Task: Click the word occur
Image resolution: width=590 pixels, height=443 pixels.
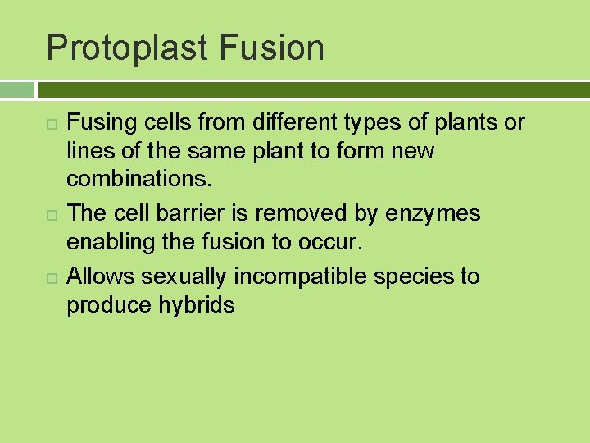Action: point(338,244)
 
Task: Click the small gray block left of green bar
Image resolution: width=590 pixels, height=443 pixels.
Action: point(17,89)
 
